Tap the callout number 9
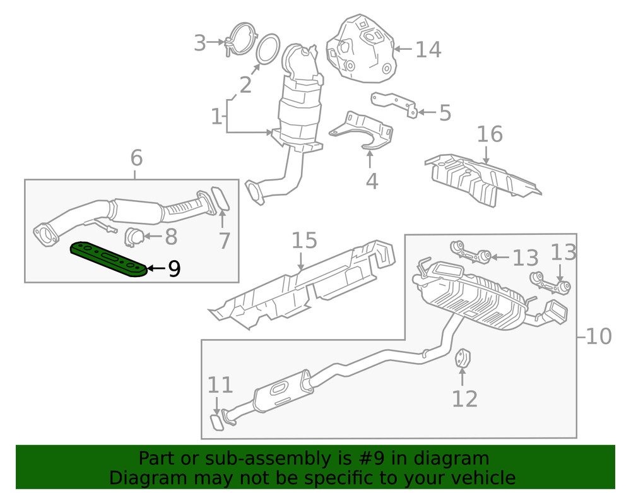tap(174, 270)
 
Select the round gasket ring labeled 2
tap(268, 49)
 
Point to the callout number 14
tap(428, 49)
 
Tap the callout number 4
tap(372, 181)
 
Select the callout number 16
tap(490, 134)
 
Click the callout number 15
tap(304, 241)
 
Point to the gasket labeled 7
tap(220, 198)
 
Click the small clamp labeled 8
tap(133, 236)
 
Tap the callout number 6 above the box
tap(137, 158)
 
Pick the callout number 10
tap(598, 336)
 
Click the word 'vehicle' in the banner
tap(480, 477)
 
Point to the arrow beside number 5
tap(427, 113)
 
